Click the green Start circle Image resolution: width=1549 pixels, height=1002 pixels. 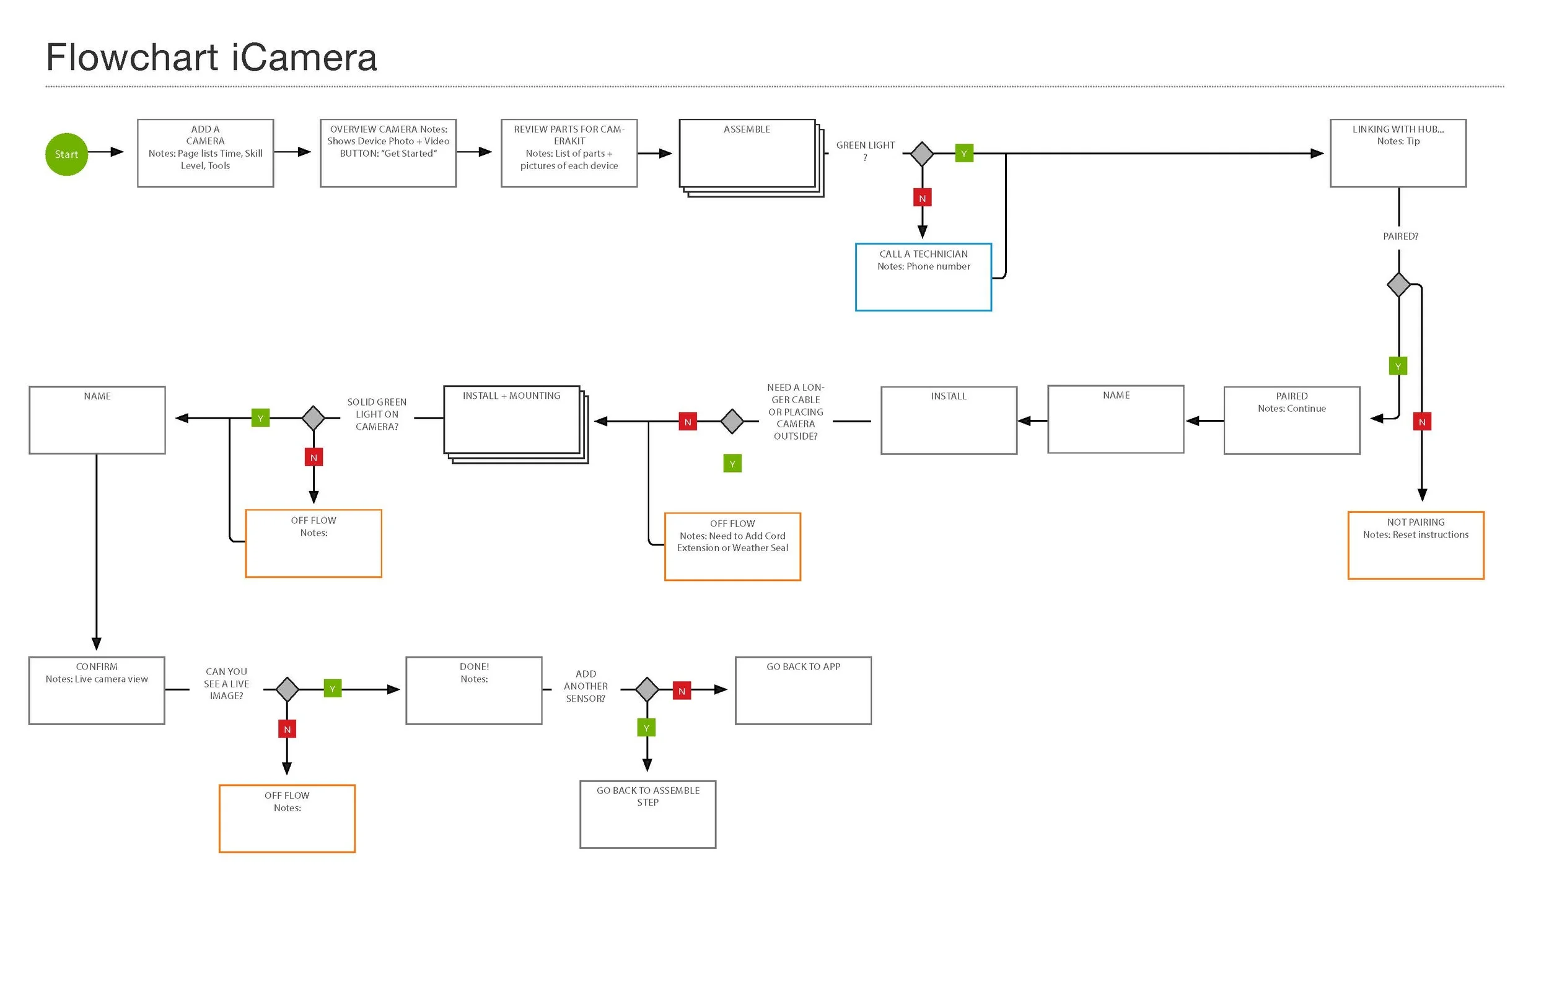pos(66,154)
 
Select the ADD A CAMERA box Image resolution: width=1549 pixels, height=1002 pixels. pos(205,153)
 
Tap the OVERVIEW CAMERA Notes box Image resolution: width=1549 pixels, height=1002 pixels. pos(388,153)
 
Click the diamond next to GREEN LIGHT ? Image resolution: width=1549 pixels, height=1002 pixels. pos(921,154)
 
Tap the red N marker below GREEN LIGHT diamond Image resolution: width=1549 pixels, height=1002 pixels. pos(921,198)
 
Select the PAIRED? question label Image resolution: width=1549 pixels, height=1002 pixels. pos(1400,236)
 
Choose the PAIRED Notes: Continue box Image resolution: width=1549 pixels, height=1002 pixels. pos(1291,420)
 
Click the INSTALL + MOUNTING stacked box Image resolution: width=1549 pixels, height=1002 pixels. pos(512,420)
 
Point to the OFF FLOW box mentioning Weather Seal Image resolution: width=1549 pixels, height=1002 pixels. pos(732,547)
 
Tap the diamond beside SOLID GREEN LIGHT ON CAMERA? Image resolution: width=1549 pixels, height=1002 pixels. pos(313,419)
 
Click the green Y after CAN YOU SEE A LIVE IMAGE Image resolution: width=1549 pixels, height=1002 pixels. pos(332,689)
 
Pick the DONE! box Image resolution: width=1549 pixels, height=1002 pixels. pos(474,691)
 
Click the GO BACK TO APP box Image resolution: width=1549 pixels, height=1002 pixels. pos(803,691)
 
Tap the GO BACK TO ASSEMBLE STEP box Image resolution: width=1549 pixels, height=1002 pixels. pos(647,814)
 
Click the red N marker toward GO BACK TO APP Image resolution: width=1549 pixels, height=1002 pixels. pos(682,691)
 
